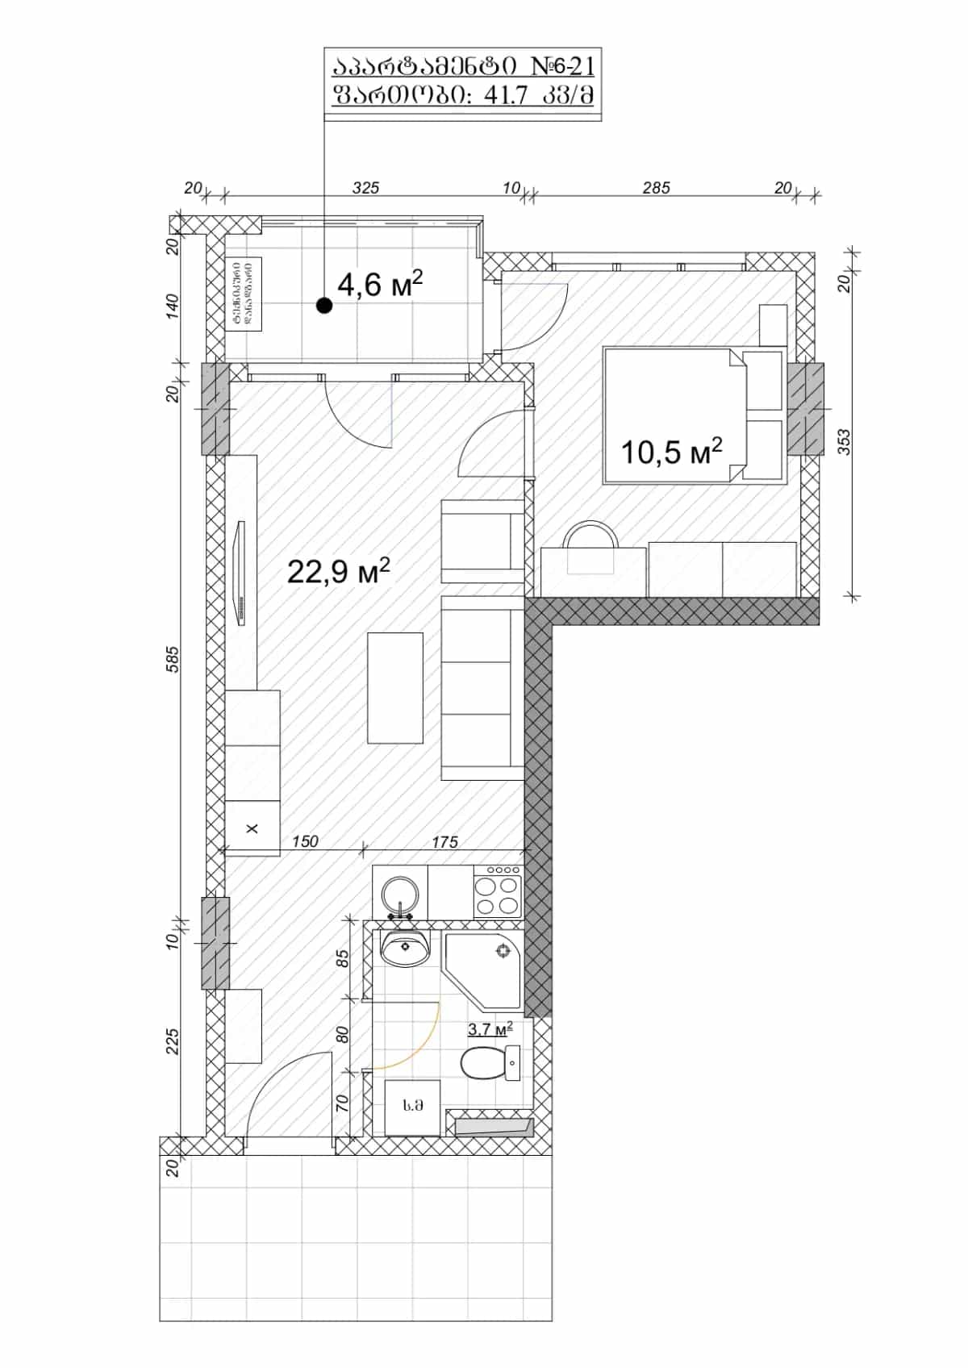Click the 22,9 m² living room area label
coord(338,571)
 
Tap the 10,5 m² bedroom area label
coord(670,452)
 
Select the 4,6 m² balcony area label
coord(380,285)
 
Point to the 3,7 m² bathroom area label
coord(490,1029)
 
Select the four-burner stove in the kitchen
coord(497,893)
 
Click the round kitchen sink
coord(399,894)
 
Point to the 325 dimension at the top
coord(365,188)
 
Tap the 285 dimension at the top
coord(656,188)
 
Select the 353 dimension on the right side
coord(844,442)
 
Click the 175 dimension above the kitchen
coord(444,842)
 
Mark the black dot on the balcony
coord(324,305)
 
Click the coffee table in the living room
coord(395,687)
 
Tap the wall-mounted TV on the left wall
coord(240,572)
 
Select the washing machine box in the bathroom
coord(413,1106)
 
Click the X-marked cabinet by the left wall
coord(252,828)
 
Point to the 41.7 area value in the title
coord(504,96)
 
